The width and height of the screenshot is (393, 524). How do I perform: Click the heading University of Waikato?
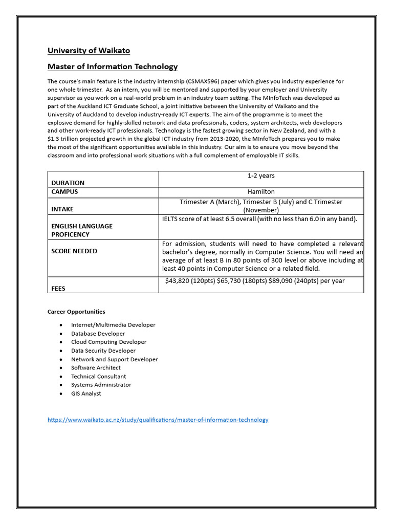click(89, 51)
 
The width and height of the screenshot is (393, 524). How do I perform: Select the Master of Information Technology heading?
click(113, 67)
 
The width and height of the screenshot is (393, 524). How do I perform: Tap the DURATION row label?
click(68, 183)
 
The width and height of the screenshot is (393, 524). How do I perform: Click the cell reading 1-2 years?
click(261, 176)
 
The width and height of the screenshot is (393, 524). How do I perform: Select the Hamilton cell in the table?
click(261, 192)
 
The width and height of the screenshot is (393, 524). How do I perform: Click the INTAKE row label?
click(62, 209)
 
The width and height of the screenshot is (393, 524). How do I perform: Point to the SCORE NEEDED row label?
click(74, 251)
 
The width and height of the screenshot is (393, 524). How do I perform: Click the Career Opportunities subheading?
click(76, 312)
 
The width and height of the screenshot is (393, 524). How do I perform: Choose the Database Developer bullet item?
click(98, 334)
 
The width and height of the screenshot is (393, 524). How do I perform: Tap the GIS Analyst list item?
click(86, 394)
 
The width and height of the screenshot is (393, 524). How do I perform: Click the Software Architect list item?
click(96, 367)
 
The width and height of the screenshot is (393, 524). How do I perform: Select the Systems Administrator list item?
click(101, 385)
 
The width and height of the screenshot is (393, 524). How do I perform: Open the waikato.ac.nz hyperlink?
click(158, 420)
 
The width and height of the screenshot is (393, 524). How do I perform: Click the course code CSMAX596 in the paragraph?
click(207, 81)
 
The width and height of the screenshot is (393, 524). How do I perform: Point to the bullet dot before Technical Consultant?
click(61, 376)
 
